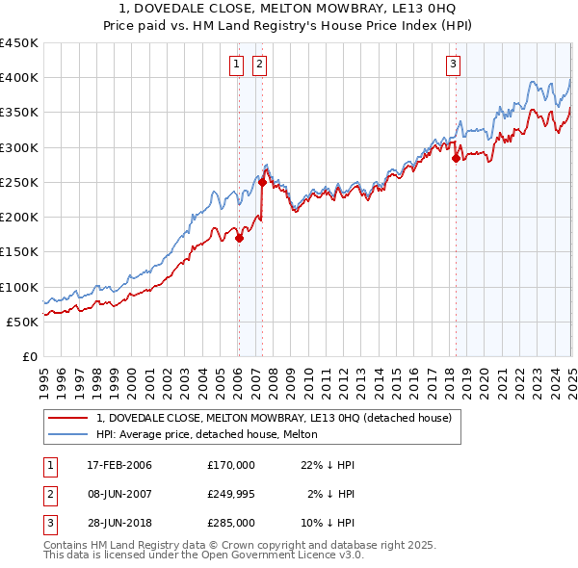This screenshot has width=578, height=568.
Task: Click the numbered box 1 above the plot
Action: (237, 65)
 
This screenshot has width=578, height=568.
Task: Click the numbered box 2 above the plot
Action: (260, 65)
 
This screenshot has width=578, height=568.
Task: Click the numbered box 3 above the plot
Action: (453, 65)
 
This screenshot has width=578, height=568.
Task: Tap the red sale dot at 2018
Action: (456, 159)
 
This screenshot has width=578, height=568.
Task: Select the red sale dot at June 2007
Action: (262, 182)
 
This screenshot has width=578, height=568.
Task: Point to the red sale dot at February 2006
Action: (239, 238)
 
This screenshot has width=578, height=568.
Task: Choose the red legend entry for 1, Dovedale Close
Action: (279, 417)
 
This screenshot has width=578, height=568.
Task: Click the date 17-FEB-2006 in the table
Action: (118, 465)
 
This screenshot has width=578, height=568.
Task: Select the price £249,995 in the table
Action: (231, 494)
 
